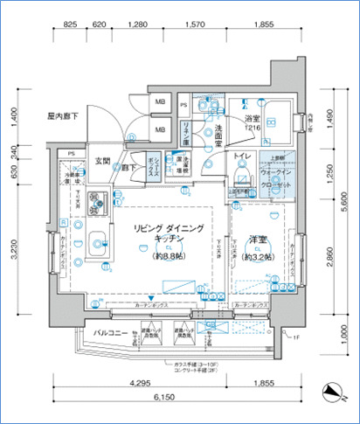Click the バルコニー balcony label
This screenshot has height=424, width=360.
pyautogui.click(x=90, y=333)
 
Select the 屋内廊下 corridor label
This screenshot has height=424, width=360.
pyautogui.click(x=64, y=115)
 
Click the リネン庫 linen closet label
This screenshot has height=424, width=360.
pyautogui.click(x=185, y=133)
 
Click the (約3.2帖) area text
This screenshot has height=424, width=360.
pyautogui.click(x=257, y=257)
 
